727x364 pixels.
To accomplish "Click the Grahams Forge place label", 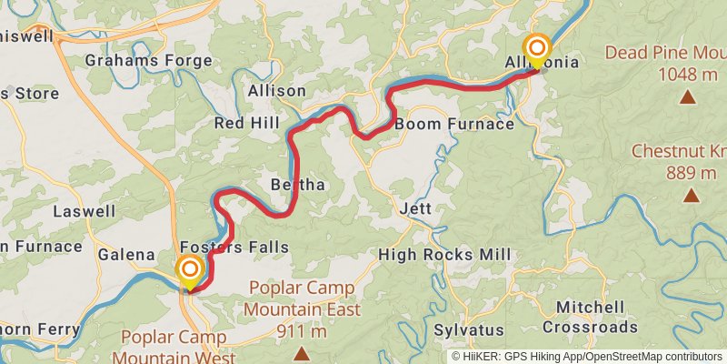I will tap(148, 61).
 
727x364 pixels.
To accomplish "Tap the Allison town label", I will tap(276, 91).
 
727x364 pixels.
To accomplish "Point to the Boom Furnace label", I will tap(454, 124).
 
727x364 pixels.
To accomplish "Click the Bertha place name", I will tap(297, 185).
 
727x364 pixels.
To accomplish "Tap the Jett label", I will tap(414, 208).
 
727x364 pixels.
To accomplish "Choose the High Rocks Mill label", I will tap(444, 255).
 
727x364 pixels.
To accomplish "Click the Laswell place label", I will tap(85, 211).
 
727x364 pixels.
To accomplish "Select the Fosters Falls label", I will tap(234, 248).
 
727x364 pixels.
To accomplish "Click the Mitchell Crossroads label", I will tap(590, 317).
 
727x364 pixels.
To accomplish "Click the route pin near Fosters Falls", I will tap(189, 271).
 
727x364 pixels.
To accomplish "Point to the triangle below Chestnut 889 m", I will tap(692, 195).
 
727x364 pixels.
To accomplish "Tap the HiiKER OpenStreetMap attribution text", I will tap(587, 357).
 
